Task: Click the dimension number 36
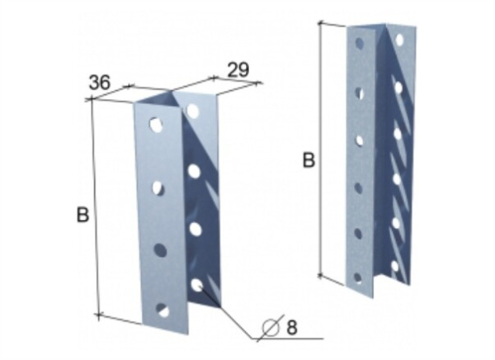pyautogui.click(x=100, y=83)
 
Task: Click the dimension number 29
pyautogui.click(x=238, y=70)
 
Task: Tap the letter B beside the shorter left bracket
pyautogui.click(x=82, y=215)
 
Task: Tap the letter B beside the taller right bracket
pyautogui.click(x=309, y=160)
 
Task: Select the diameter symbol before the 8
pyautogui.click(x=271, y=328)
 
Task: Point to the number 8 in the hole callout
pyautogui.click(x=292, y=327)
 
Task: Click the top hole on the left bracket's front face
pyautogui.click(x=156, y=125)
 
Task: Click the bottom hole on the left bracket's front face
pyautogui.click(x=163, y=310)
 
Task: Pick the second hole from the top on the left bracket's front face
pyautogui.click(x=158, y=187)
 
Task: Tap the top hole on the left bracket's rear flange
pyautogui.click(x=192, y=111)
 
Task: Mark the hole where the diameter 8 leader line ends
pyautogui.click(x=197, y=285)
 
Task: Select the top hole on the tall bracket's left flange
pyautogui.click(x=359, y=43)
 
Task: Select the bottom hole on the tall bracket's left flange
pyautogui.click(x=358, y=277)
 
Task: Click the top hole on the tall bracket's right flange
pyautogui.click(x=399, y=40)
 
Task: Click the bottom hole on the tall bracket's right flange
pyautogui.click(x=395, y=266)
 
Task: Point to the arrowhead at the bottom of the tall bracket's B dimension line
pyautogui.click(x=320, y=276)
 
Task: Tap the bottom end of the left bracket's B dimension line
pyautogui.click(x=99, y=315)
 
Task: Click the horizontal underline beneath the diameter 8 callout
pyautogui.click(x=288, y=339)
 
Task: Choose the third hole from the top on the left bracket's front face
pyautogui.click(x=160, y=249)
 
